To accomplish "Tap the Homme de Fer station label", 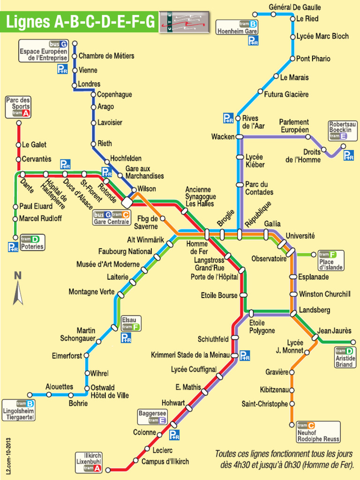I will tap(197, 248).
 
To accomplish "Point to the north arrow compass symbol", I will tap(18, 288).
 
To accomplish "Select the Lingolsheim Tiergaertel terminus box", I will tap(19, 410).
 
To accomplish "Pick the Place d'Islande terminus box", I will tap(331, 261).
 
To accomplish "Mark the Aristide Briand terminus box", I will tap(345, 357).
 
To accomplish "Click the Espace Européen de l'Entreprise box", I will tap(44, 51).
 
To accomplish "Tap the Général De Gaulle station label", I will tap(294, 7).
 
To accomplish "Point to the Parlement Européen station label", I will tap(294, 126).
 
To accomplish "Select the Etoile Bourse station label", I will tap(219, 296).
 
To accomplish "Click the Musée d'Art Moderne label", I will tap(108, 264).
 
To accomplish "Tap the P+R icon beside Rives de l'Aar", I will tap(228, 119).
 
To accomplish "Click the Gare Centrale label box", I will tap(111, 218).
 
